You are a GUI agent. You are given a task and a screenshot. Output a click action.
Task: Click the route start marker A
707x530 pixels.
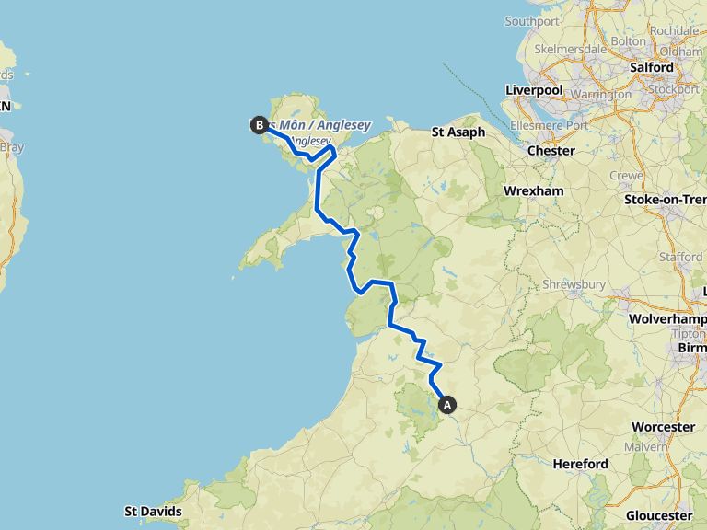[x=448, y=403]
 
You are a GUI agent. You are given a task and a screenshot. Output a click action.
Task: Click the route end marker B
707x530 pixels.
[x=259, y=125]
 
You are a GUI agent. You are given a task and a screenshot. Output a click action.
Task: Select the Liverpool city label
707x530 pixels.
[x=534, y=90]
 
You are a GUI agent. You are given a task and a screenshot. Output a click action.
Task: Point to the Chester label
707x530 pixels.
[x=551, y=150]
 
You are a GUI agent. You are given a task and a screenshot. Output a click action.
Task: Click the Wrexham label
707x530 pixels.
[x=533, y=190]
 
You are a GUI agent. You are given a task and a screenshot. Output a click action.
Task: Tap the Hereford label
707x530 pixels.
[x=580, y=464]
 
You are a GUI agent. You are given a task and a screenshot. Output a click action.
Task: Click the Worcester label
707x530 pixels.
[x=663, y=427]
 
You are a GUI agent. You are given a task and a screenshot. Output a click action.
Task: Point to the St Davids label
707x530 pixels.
[x=153, y=511]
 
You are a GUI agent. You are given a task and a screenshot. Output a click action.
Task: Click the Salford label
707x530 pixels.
[x=652, y=67]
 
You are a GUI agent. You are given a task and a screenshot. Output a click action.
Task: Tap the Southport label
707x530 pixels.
[x=532, y=21]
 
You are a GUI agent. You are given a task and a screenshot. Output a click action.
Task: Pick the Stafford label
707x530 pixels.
[x=681, y=257]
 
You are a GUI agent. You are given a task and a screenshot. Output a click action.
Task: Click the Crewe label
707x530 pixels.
[x=626, y=175]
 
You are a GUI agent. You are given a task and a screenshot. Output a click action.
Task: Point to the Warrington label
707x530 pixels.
[x=604, y=94]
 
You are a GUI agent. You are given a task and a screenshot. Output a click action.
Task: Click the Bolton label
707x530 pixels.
[x=628, y=40]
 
